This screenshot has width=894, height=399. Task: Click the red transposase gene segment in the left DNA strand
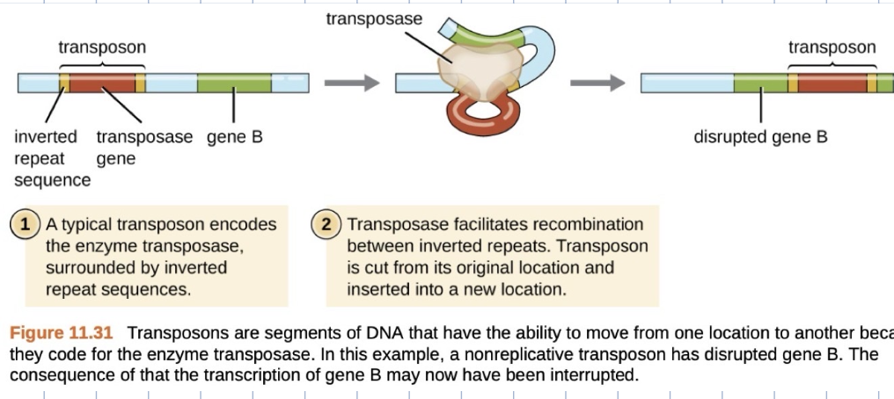102,84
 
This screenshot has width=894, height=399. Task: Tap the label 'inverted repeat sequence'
51,159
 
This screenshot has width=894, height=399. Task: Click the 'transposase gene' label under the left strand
143,148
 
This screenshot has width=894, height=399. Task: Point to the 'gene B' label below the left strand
234,137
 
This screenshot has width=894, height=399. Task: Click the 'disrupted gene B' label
760,137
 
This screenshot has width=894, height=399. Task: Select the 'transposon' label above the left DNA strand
102,47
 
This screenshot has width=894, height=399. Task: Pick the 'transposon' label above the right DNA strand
832,47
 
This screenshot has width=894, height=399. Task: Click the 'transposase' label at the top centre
374,18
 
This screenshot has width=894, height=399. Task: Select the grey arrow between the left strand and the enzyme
351,84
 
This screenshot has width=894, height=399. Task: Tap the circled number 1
26,224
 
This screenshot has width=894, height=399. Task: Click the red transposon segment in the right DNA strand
832,84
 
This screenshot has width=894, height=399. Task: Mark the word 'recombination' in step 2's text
590,224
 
